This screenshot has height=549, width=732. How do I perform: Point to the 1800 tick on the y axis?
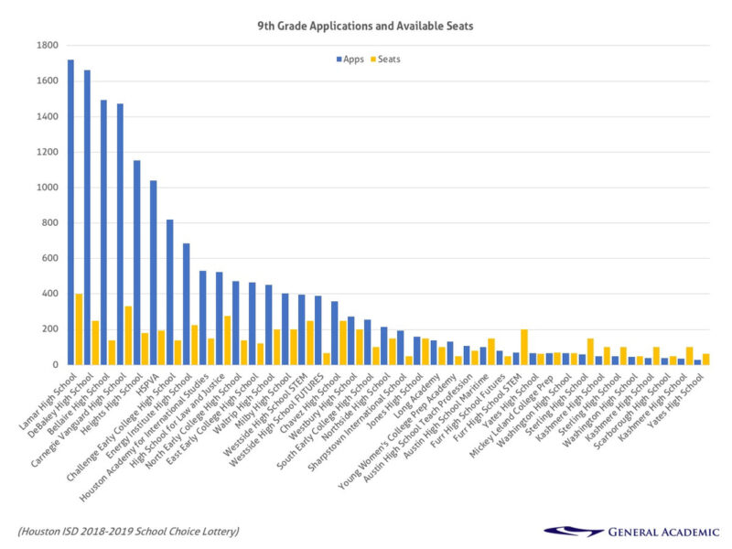(x=47, y=45)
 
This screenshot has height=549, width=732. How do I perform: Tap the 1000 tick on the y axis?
(x=47, y=188)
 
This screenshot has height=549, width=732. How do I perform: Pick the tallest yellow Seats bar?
(x=79, y=329)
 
